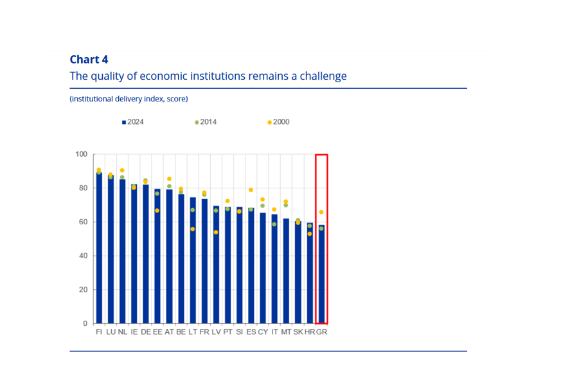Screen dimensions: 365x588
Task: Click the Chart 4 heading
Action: (89, 59)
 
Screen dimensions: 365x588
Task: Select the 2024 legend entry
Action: (133, 121)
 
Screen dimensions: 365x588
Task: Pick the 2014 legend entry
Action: (206, 121)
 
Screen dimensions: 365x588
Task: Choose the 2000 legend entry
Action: (278, 121)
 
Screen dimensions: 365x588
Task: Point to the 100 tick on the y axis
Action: (81, 154)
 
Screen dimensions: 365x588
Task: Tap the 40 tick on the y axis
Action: (83, 256)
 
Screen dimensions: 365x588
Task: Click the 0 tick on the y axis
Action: (85, 323)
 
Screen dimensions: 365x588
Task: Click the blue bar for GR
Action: (321, 276)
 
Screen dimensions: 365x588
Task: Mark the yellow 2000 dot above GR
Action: (321, 212)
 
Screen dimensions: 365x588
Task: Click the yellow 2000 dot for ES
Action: (251, 190)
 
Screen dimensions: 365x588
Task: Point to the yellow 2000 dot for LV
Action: (216, 232)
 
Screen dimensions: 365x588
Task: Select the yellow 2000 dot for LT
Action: (192, 229)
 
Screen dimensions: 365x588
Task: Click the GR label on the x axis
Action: (321, 332)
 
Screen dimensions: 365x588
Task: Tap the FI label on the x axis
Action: (99, 332)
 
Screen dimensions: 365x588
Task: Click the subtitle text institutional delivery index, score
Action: (129, 99)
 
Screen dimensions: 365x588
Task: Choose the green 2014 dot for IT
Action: (274, 224)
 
